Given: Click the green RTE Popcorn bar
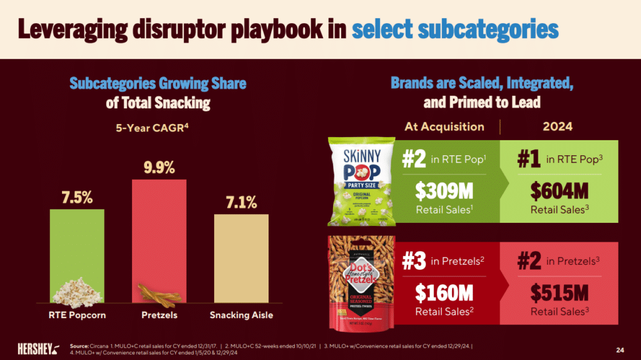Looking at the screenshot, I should tap(77, 255).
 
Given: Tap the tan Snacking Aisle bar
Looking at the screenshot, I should tap(241, 259).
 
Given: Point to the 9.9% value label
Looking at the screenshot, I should tap(159, 168).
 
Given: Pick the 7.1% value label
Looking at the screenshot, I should tap(241, 202).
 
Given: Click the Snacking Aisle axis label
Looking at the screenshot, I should tap(241, 315).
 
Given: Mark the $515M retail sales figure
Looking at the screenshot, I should tap(559, 293).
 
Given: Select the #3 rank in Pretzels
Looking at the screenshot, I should tap(414, 260).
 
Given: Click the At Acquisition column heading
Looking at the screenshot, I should tap(444, 126).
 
